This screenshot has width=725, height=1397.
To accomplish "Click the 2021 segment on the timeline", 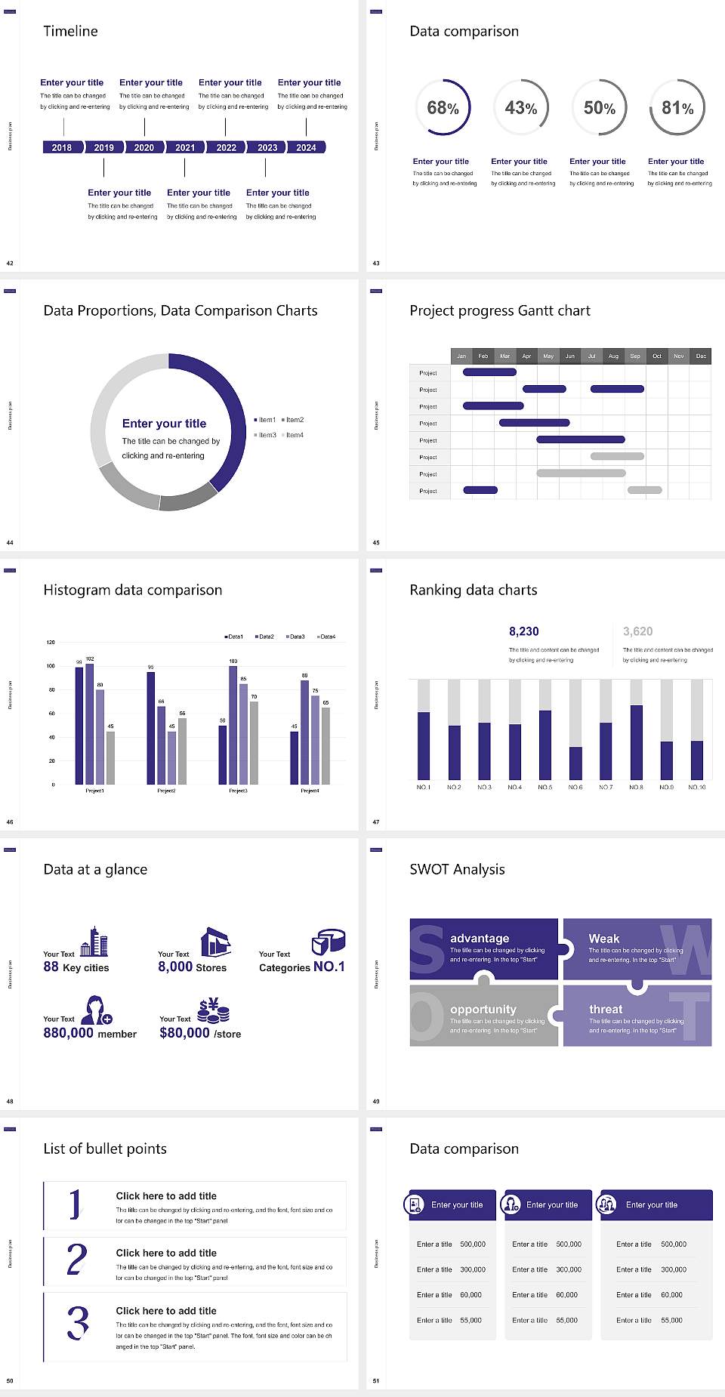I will click(185, 147).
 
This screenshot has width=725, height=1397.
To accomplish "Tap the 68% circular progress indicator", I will click(443, 108).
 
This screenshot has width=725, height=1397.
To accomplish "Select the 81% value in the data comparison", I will click(677, 108).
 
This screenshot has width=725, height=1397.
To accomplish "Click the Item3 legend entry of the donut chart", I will click(266, 435).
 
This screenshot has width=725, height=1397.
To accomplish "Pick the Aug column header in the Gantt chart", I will click(613, 356).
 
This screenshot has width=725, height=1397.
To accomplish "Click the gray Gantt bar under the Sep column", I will click(617, 456).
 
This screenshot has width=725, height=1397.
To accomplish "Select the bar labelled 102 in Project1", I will click(90, 722).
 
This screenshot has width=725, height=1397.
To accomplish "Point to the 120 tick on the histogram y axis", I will click(51, 642).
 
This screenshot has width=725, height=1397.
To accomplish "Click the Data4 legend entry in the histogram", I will click(326, 637).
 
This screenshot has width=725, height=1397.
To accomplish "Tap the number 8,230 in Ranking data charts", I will click(524, 631).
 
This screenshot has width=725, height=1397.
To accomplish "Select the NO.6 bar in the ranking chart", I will click(575, 762).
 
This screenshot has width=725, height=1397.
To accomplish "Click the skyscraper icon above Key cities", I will click(94, 942).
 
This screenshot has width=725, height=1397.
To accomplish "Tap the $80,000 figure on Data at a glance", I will click(184, 1033).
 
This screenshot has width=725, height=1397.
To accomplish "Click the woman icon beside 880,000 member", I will click(96, 1010).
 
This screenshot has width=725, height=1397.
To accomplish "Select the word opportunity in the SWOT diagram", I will click(483, 1010).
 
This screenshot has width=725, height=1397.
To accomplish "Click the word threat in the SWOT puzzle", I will click(606, 1010).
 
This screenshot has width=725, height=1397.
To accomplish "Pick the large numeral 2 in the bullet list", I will click(77, 1260).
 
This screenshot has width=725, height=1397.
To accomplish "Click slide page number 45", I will click(376, 542).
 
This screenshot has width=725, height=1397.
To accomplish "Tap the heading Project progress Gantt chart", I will click(500, 310).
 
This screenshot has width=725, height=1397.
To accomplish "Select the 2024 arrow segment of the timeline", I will click(306, 147).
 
